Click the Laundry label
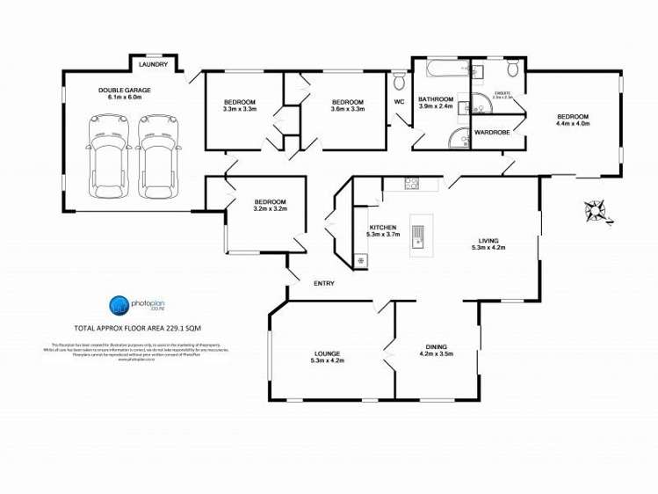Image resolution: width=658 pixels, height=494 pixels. (155, 64)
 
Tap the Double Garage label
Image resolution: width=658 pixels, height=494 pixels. (124, 91)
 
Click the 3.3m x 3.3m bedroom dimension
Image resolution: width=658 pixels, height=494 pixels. (240, 109)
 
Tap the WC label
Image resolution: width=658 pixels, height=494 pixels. (398, 102)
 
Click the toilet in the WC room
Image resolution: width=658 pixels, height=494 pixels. (399, 83)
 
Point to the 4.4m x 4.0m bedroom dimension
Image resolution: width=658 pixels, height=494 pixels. (573, 124)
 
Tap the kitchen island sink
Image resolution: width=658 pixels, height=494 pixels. (419, 236)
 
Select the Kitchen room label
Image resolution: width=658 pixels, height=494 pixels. (383, 228)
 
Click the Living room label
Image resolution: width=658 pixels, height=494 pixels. (488, 240)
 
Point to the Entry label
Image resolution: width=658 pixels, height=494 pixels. (324, 283)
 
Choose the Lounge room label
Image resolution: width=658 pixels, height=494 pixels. (327, 353)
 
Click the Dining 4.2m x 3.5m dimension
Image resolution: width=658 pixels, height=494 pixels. (436, 354)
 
